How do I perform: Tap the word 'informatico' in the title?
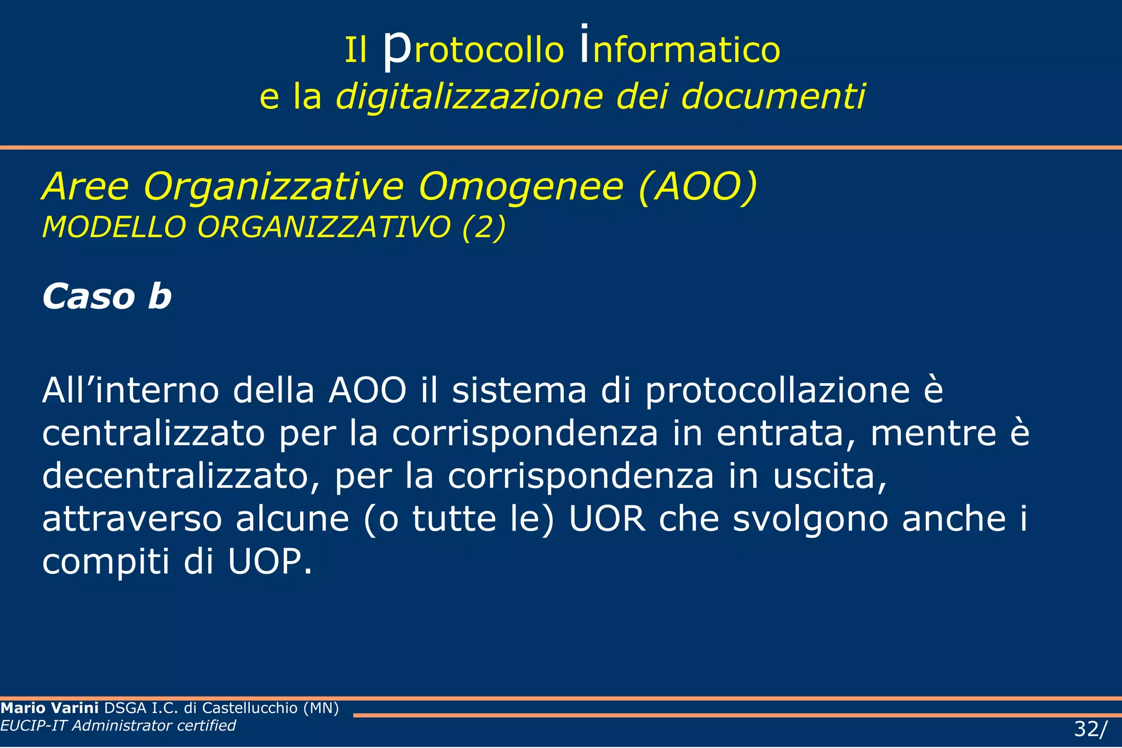pyautogui.click(x=680, y=49)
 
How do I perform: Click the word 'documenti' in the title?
pyautogui.click(x=773, y=96)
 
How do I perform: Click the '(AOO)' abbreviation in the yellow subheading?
pyautogui.click(x=697, y=187)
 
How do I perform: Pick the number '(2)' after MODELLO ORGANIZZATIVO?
pyautogui.click(x=484, y=227)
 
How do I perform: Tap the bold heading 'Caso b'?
pyautogui.click(x=107, y=296)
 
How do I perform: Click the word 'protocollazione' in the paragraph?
pyautogui.click(x=777, y=391)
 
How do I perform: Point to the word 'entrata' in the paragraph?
pyautogui.click(x=786, y=433)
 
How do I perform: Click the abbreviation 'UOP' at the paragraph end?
pyautogui.click(x=269, y=562)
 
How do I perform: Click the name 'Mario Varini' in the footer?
pyautogui.click(x=50, y=708)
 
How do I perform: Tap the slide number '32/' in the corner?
pyautogui.click(x=1090, y=729)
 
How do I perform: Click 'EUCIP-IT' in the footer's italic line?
pyautogui.click(x=34, y=726)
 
